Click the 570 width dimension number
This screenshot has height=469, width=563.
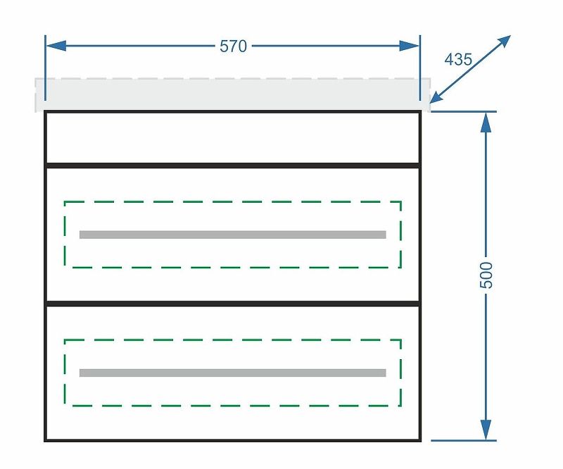(x=233, y=46)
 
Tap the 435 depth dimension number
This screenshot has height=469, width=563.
(x=458, y=59)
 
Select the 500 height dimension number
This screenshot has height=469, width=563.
(x=486, y=275)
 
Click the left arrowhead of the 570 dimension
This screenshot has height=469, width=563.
(x=56, y=46)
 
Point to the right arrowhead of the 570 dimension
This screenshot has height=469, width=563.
(x=410, y=46)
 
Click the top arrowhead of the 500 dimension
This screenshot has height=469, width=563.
(x=486, y=123)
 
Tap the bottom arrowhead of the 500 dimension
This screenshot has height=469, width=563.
(x=486, y=430)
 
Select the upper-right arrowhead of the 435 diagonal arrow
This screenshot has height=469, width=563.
(x=503, y=41)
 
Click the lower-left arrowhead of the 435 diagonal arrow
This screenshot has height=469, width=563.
(x=438, y=97)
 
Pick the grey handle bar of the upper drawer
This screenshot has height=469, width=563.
(x=233, y=234)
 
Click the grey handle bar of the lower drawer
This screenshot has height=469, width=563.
(x=233, y=373)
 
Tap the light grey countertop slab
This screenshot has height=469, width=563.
(x=233, y=95)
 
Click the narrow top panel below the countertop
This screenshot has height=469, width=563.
(x=233, y=138)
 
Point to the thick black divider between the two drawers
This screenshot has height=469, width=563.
(x=233, y=304)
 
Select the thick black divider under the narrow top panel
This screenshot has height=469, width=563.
(x=233, y=165)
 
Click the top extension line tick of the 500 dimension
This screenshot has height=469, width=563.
(x=464, y=112)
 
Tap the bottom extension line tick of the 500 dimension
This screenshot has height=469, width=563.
(x=464, y=440)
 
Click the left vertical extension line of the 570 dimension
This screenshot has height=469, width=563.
(x=45, y=68)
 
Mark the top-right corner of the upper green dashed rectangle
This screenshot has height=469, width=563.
(x=400, y=201)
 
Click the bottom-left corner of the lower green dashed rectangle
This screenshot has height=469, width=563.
(x=65, y=406)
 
